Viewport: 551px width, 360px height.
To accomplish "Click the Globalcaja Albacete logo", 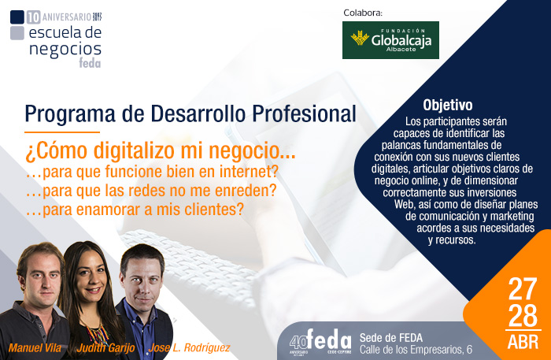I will (x=390, y=40).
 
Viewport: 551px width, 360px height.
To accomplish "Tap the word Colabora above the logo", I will (x=363, y=13).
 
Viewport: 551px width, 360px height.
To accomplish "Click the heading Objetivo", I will (x=447, y=105).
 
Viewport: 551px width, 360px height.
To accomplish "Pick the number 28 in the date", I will (x=523, y=315).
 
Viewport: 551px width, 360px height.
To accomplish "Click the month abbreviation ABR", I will (x=523, y=343).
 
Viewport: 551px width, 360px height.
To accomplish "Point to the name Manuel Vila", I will (x=36, y=347).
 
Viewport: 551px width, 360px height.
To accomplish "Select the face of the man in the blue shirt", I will (x=143, y=278).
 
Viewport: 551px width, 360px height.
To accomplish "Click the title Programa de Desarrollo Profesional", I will (x=190, y=113).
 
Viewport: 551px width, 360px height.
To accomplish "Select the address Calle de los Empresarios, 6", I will (x=416, y=349).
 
